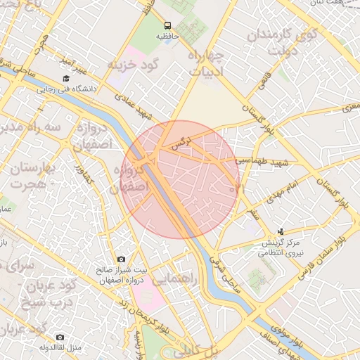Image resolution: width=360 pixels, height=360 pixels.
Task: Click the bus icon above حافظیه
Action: pos(167,25)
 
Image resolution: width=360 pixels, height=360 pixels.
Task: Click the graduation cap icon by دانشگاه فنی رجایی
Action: pos(66,79)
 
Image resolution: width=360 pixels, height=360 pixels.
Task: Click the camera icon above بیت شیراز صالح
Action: pos(122,259)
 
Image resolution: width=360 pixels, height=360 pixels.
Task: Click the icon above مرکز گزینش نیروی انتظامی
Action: pos(281,231)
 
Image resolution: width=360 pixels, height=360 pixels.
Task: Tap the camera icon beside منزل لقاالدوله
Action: pos(59,337)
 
